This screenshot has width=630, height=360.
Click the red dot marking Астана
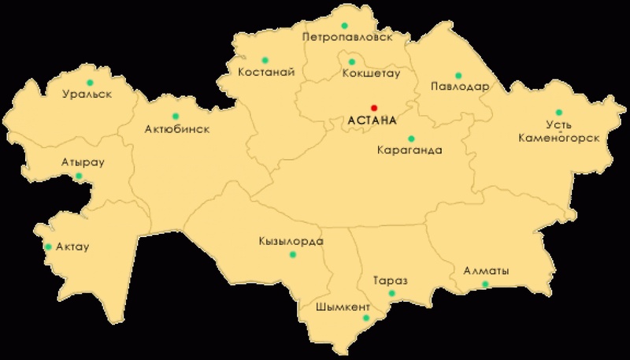tap(374, 108)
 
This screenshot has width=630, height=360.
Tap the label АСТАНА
tap(370, 121)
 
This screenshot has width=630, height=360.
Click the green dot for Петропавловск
tap(344, 13)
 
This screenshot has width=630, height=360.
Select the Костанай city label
tap(266, 72)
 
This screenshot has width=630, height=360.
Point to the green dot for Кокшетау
tap(352, 61)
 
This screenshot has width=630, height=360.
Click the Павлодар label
tap(461, 87)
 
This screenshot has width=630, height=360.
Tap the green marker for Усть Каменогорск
tap(559, 112)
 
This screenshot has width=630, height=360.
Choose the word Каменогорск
tap(559, 137)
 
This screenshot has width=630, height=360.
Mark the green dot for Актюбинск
tap(175, 116)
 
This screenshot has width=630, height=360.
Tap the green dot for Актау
tap(48, 247)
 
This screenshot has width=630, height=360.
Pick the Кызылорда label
tap(291, 241)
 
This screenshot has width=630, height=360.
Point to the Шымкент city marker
tap(365, 317)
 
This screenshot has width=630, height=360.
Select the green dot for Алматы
tap(485, 284)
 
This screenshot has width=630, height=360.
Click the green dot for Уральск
tap(90, 82)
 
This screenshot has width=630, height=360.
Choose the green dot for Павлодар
tap(458, 76)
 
